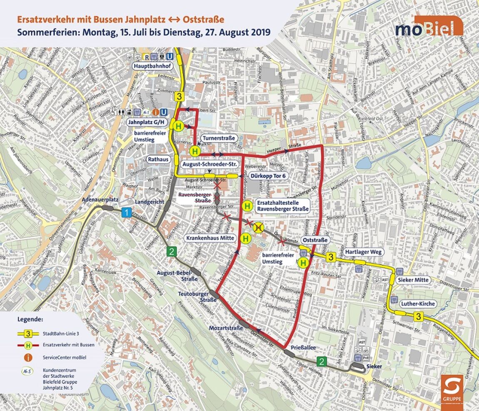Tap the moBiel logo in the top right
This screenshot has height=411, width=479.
click(x=429, y=28)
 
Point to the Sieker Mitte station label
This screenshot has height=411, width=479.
click(x=413, y=280)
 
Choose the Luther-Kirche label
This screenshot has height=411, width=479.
click(x=418, y=304)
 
